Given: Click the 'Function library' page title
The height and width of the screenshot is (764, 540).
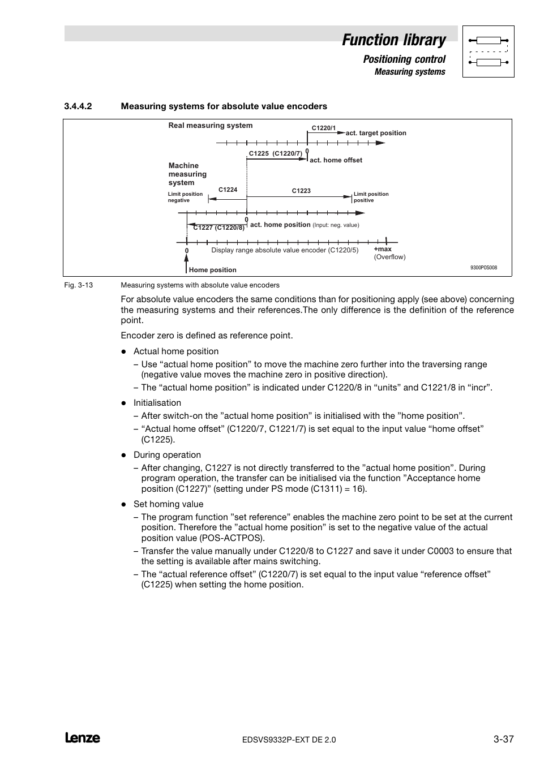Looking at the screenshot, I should [393, 40].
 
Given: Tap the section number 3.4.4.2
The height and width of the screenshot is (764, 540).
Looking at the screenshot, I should [78, 106].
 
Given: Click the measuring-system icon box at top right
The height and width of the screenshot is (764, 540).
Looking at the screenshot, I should [488, 51].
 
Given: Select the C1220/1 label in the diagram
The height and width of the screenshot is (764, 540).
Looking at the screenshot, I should [324, 128].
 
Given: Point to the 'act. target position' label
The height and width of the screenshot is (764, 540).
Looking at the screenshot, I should [376, 134].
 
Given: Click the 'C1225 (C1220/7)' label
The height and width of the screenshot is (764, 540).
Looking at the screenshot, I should [276, 153].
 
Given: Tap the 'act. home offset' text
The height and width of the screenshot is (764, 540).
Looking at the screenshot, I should [336, 160].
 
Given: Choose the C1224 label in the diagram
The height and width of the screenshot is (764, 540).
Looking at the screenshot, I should [228, 190].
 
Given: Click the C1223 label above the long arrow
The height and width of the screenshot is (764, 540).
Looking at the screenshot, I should [301, 191].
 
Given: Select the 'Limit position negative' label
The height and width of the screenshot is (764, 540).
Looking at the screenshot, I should [185, 197].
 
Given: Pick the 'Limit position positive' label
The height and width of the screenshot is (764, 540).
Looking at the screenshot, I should [371, 197].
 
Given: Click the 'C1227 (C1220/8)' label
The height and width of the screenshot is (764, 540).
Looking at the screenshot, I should [219, 228].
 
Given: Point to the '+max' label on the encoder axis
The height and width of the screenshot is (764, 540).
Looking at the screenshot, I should [383, 249].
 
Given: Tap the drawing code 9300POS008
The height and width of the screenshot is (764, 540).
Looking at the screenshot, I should [483, 268].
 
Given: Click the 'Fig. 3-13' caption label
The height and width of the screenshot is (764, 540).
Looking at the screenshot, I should [79, 285].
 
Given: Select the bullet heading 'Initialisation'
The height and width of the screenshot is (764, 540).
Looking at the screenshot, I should [157, 403].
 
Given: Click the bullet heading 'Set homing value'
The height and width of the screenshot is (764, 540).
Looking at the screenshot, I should [168, 504].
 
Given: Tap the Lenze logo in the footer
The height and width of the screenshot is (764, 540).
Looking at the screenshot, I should [83, 738].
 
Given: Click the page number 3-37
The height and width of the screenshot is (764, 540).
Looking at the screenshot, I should [503, 739].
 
